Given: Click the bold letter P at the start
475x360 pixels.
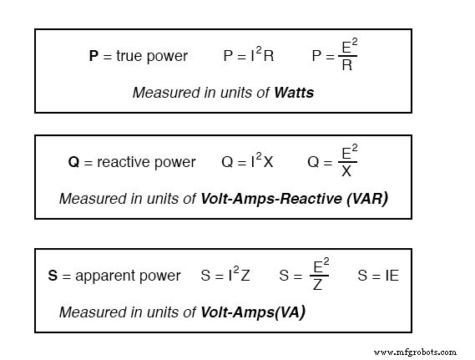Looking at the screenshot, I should point(93,57).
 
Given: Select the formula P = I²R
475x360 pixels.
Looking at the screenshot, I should point(249,56).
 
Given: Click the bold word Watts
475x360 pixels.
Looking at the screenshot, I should point(294,93).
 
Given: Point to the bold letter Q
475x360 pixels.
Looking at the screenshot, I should point(73,162).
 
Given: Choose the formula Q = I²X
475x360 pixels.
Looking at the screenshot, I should point(247,161).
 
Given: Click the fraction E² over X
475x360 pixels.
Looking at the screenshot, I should point(346,161).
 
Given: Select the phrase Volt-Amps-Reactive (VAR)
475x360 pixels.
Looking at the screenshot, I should point(295,199).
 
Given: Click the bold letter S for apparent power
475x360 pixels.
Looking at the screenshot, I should point(53,276).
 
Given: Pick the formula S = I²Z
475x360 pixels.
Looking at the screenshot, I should point(225,275).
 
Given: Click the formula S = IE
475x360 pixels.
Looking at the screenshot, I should point(377,275).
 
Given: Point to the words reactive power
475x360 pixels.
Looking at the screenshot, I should point(146,162).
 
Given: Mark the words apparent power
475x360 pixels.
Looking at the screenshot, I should point(128,276).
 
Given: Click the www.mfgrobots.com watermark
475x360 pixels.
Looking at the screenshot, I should point(416,352).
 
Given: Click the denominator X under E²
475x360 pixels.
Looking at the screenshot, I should point(346,171).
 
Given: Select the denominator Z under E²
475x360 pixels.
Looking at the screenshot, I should point(317,284).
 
